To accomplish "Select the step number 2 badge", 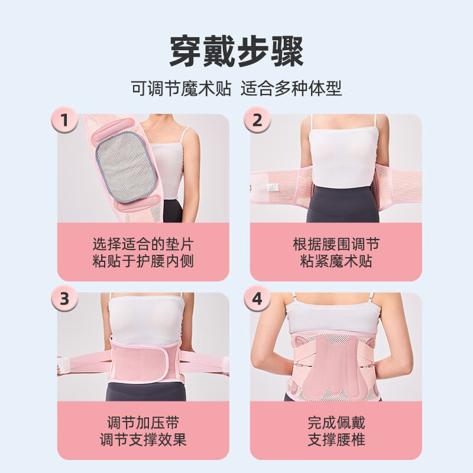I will coord(257,120).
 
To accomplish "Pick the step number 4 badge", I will coord(257,299).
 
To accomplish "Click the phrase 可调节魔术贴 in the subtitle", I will coord(180,89).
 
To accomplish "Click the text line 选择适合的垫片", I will coord(143,244).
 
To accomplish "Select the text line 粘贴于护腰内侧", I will coord(143,261).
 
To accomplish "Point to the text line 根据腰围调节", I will coord(336,244).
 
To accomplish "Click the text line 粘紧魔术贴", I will coord(336,261).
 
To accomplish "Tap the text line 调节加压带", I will coord(143,423).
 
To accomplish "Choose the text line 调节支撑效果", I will coord(143,440).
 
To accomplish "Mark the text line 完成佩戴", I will coord(336,423).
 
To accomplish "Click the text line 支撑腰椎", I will coord(336,440).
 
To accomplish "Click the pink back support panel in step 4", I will coord(335,361).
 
